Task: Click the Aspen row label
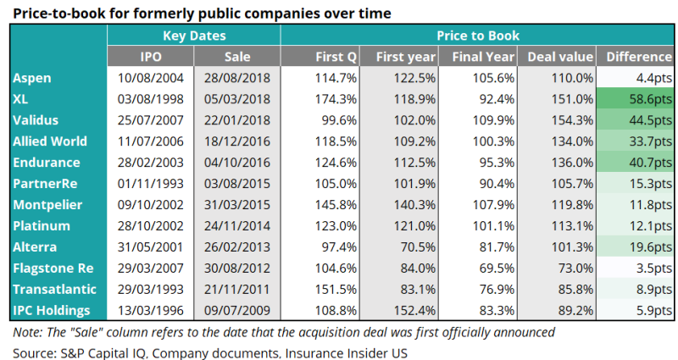point(32,78)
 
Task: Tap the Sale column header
point(236,57)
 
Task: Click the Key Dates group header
point(194,36)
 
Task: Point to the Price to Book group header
point(478,36)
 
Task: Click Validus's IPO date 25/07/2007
point(152,120)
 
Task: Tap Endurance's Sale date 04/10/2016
point(237,163)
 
